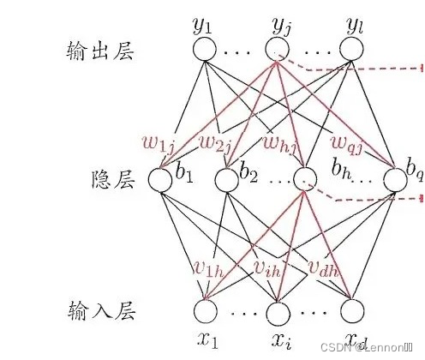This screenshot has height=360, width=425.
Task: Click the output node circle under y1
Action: (x=205, y=50)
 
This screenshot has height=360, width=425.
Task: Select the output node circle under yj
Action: (x=277, y=50)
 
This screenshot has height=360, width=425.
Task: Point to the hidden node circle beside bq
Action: (x=394, y=179)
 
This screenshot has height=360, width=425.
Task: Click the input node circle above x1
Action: (x=205, y=309)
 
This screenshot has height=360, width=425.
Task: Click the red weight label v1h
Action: (x=208, y=269)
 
